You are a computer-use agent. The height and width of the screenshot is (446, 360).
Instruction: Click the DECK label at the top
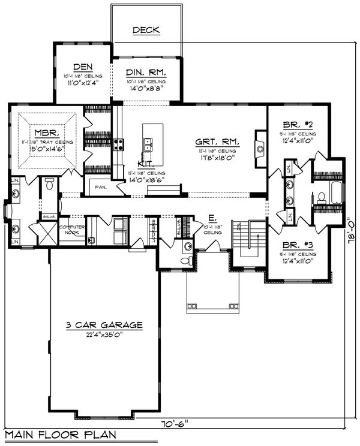[146, 30]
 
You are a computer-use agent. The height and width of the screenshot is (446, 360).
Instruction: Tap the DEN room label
[83, 67]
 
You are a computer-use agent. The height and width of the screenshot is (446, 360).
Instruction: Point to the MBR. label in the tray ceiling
[45, 132]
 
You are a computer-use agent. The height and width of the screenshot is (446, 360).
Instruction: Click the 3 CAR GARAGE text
[104, 325]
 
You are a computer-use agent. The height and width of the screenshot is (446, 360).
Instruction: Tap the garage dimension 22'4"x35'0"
[104, 334]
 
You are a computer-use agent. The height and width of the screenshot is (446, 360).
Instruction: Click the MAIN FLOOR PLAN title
[59, 435]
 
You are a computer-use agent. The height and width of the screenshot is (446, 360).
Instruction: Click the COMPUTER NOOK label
[71, 230]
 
